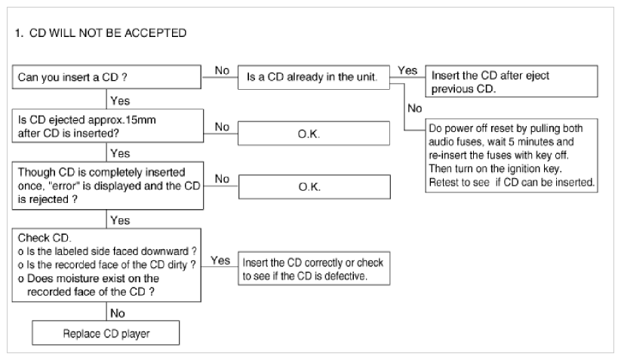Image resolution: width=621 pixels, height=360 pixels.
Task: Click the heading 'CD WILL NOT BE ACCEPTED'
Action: [x=108, y=33]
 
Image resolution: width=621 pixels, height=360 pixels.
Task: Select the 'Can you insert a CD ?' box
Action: [x=106, y=77]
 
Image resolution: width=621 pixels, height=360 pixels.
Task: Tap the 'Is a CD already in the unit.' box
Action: [x=314, y=77]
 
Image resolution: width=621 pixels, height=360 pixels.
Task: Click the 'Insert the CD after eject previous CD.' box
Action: [x=512, y=82]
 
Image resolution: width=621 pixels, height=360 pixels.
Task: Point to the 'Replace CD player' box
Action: [x=106, y=333]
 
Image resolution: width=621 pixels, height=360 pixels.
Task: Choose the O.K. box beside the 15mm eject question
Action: [x=314, y=134]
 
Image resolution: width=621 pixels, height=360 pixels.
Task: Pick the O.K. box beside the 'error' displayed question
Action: [x=315, y=186]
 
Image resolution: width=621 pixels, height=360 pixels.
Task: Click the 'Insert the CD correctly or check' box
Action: [x=314, y=269]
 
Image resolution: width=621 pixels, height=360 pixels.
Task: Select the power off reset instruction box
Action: [x=512, y=155]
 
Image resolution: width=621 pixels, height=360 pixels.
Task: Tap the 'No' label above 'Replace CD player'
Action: [x=118, y=313]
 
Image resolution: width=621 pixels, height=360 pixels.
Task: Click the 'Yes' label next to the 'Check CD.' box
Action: [x=220, y=260]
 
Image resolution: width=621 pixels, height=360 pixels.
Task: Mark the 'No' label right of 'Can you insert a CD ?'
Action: [x=222, y=70]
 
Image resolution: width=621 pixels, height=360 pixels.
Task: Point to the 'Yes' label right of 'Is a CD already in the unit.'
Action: [x=407, y=70]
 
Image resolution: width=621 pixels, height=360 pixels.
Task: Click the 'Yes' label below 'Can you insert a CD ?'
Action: [x=120, y=101]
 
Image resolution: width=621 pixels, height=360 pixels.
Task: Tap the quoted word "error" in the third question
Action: [x=64, y=186]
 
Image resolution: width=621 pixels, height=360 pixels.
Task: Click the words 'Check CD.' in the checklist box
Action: [x=45, y=238]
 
